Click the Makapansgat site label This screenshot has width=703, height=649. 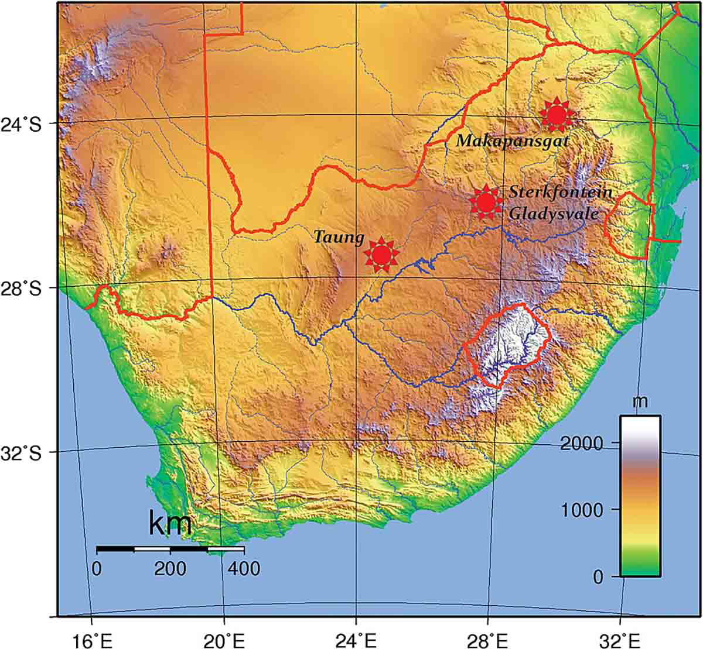513,141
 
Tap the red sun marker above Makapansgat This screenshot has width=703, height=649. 556,115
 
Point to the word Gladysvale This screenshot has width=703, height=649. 554,214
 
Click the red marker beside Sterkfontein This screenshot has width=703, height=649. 486,202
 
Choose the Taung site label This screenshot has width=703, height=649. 339,238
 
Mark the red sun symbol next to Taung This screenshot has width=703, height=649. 381,254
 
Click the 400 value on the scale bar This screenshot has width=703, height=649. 243,568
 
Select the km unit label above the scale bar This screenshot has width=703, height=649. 170,524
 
